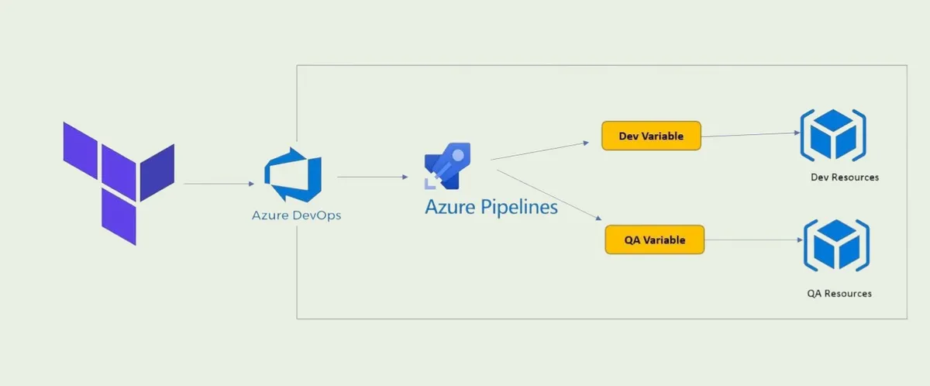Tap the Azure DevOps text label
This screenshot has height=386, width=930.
(296, 215)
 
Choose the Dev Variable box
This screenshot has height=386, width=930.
(651, 136)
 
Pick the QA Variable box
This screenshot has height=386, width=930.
(655, 240)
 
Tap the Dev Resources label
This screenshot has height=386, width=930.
(844, 177)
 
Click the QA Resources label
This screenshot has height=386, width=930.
(839, 294)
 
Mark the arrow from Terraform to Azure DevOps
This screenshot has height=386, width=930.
(219, 184)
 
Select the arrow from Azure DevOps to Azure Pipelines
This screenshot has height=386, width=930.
(373, 177)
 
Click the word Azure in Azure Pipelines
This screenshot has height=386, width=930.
(447, 207)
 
